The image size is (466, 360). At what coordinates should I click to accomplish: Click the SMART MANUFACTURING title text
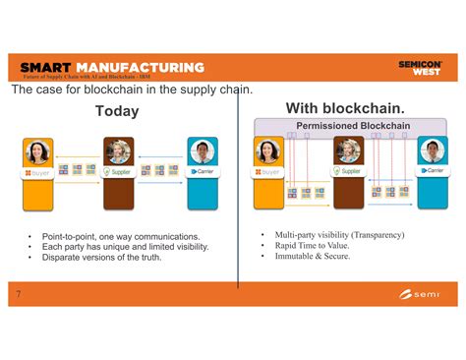(111, 67)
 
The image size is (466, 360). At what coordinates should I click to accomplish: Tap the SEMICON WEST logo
(420, 67)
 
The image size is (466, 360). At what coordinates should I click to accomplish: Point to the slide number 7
(18, 293)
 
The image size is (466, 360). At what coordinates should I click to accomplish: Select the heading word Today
(117, 111)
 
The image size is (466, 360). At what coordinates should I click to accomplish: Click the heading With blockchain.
(345, 107)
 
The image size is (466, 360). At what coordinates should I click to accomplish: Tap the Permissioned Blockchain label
(345, 126)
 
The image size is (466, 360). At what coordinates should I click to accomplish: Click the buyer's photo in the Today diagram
(36, 152)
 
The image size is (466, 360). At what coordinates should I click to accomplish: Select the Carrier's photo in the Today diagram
(202, 152)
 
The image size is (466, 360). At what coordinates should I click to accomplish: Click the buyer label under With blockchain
(268, 171)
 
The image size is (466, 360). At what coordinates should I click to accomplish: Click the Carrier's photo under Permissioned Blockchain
(431, 151)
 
